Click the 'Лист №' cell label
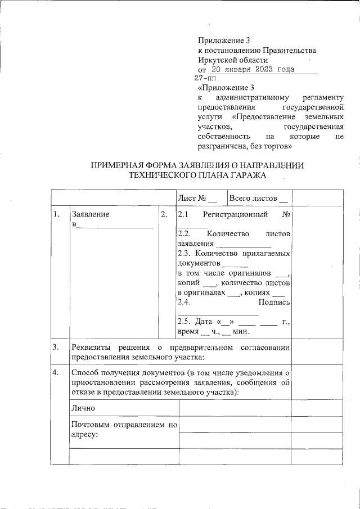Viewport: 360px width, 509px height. click(x=192, y=199)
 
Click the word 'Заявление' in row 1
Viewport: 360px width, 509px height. click(x=91, y=214)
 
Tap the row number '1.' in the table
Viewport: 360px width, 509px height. click(x=56, y=214)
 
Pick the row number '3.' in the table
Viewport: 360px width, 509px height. click(x=56, y=347)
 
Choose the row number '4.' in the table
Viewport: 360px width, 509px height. click(x=56, y=372)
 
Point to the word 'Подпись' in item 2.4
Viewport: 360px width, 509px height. click(x=274, y=303)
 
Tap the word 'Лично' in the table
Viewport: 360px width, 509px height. click(x=83, y=408)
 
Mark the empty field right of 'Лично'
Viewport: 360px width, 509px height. click(x=234, y=408)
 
